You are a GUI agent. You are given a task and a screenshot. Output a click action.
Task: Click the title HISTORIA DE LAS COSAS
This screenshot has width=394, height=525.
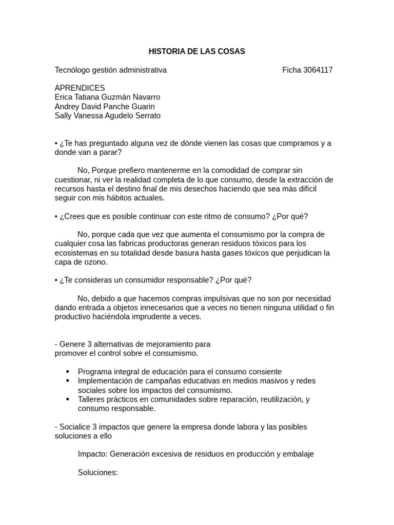(x=196, y=51)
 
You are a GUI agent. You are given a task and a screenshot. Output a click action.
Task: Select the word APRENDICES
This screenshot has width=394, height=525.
(x=80, y=88)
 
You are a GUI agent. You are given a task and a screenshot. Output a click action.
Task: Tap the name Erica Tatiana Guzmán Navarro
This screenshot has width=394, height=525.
(x=107, y=97)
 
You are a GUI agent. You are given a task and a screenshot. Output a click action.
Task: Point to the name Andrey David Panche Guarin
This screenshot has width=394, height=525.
(x=105, y=107)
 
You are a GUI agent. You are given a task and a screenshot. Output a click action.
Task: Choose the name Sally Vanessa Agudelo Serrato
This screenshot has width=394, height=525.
(x=107, y=116)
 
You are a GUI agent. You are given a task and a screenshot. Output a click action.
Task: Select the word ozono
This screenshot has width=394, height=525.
(x=96, y=262)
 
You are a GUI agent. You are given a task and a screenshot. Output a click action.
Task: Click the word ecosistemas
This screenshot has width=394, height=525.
(x=75, y=244)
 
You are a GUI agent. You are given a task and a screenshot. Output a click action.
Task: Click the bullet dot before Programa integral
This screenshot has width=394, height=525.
(x=68, y=372)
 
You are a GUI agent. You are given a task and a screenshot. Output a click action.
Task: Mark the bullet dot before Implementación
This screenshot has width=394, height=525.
(x=68, y=381)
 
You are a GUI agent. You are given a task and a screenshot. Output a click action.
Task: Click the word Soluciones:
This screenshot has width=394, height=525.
(x=97, y=472)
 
